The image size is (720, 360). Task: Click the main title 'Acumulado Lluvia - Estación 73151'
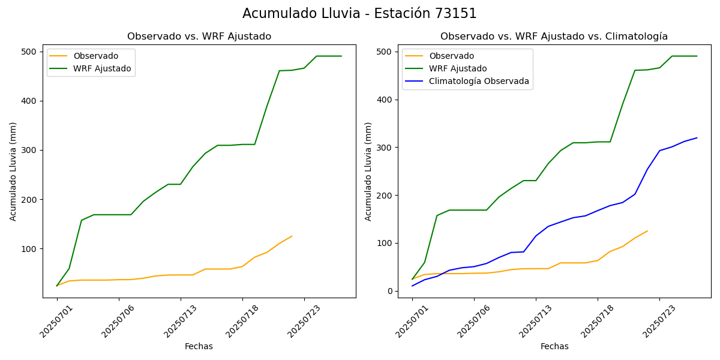tap(359, 14)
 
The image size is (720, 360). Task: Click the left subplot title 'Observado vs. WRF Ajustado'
tap(199, 37)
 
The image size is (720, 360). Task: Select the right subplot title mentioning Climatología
tap(554, 37)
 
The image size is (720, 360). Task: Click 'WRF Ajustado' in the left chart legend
tap(102, 68)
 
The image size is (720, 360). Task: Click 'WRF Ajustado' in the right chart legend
tap(458, 68)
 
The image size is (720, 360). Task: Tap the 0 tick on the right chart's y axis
tap(390, 291)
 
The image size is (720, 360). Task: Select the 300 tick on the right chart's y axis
tap(386, 148)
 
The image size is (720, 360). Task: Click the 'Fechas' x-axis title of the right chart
tap(554, 346)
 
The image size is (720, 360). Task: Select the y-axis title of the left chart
tap(13, 171)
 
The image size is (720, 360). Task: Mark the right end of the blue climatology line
tap(697, 138)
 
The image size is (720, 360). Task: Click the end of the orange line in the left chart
tap(292, 236)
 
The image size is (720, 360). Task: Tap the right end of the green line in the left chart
tap(341, 56)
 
